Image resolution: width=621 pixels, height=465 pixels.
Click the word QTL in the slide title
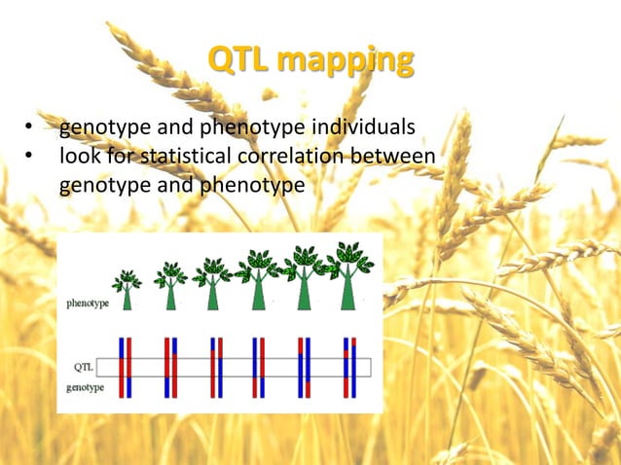[x=239, y=60]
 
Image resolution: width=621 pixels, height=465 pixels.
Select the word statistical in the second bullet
[x=190, y=156]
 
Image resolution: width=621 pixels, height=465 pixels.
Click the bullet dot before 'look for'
[x=30, y=156]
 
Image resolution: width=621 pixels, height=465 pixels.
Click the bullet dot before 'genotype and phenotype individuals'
[x=30, y=127]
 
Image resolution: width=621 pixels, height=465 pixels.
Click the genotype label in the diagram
[x=87, y=386]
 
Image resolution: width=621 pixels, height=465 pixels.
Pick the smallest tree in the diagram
[x=127, y=290]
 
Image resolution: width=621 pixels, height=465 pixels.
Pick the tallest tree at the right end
[x=347, y=276]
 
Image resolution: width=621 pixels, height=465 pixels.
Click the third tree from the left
[x=212, y=284]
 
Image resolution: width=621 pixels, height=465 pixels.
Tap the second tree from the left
[x=170, y=286]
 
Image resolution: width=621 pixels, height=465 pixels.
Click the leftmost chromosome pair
[x=125, y=367]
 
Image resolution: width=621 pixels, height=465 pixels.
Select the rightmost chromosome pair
[x=349, y=367]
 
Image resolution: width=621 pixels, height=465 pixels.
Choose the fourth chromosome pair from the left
[x=258, y=367]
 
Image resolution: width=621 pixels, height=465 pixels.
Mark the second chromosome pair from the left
[x=169, y=367]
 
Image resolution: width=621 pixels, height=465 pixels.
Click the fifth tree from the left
[x=303, y=278]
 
